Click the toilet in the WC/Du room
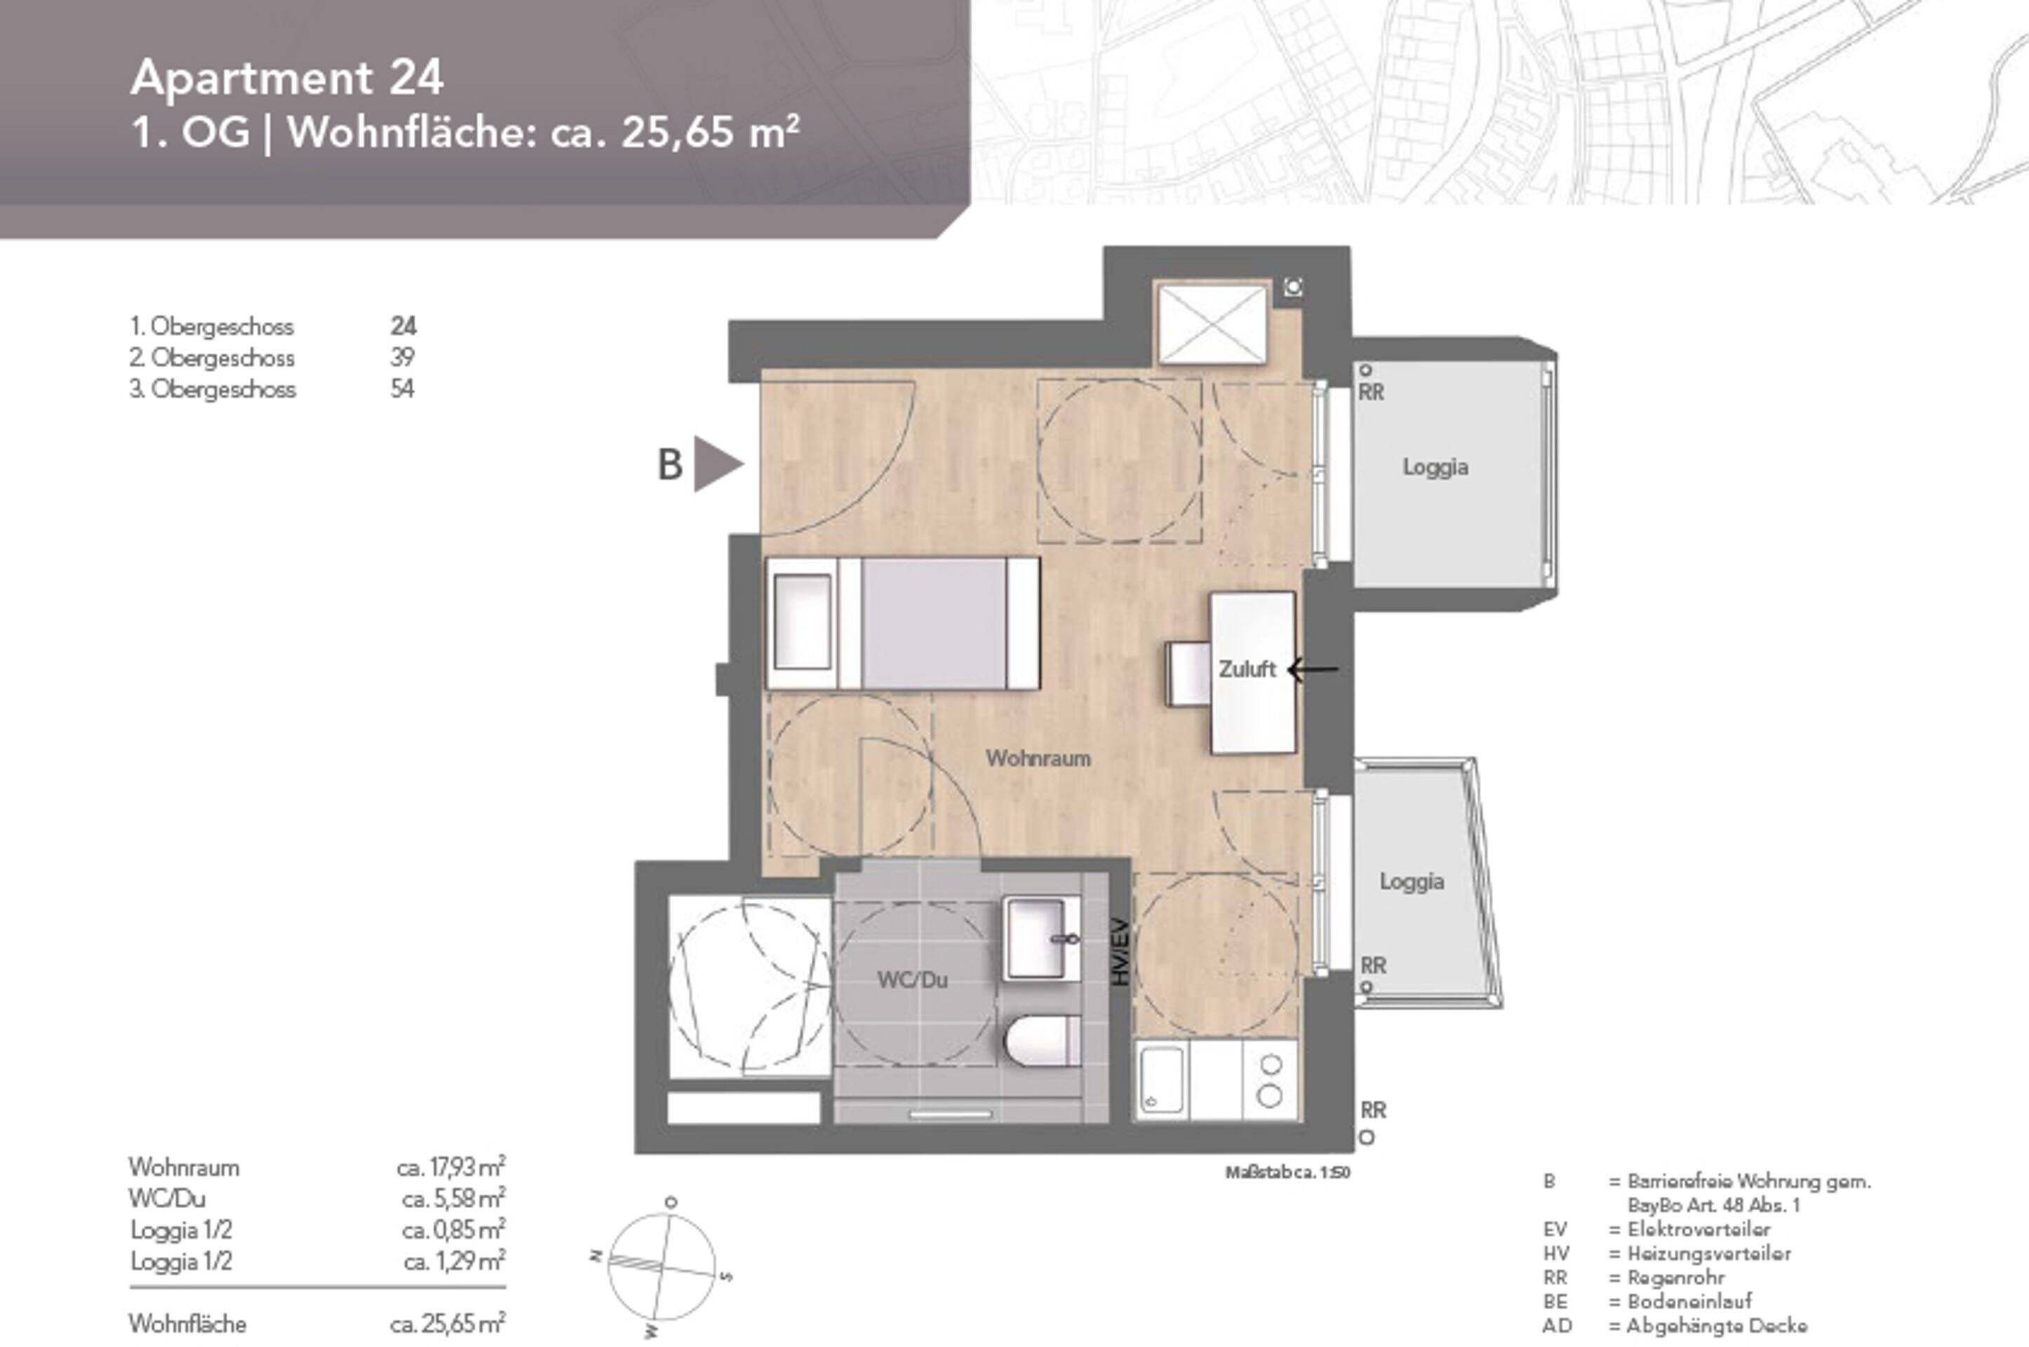tap(1041, 1040)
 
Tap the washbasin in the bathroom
tap(1041, 938)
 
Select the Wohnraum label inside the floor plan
tap(1038, 758)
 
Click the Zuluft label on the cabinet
tap(1247, 669)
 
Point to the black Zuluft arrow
tap(1313, 669)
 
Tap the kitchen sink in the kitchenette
tap(1161, 1080)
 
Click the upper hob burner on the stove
tap(1271, 1065)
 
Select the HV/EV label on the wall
tap(1118, 953)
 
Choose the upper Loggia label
tap(1435, 467)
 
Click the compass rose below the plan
tap(662, 1268)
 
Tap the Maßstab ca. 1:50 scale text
tap(1287, 1172)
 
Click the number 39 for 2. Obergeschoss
tap(402, 357)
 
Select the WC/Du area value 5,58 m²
tap(453, 1198)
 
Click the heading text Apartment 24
tap(287, 78)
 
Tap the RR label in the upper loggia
tap(1371, 393)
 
